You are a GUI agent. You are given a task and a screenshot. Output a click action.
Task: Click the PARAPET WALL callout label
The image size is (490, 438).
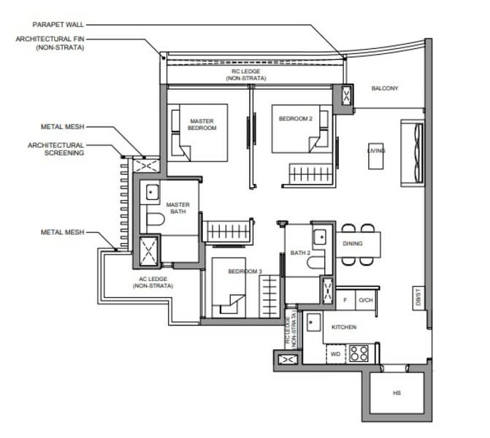tap(58, 25)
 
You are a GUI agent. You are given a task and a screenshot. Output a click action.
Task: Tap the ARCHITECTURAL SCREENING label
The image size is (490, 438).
tap(56, 149)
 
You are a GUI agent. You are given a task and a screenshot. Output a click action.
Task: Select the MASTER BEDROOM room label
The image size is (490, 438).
tap(202, 124)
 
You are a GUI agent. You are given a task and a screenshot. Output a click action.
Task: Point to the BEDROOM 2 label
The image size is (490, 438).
tap(295, 119)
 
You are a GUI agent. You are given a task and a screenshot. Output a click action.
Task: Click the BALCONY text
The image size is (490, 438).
tap(385, 88)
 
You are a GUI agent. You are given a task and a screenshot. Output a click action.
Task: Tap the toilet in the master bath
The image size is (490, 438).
tap(155, 219)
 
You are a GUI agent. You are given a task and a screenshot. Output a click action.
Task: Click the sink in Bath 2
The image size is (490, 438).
tap(320, 237)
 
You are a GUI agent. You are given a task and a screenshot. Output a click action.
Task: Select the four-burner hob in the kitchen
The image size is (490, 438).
tap(359, 353)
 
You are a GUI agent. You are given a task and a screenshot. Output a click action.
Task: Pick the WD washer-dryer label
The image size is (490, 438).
tap(335, 354)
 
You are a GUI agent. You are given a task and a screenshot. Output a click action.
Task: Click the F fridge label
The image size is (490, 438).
tap(345, 300)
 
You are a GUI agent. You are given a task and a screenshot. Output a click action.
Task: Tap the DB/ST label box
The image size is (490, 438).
tap(418, 298)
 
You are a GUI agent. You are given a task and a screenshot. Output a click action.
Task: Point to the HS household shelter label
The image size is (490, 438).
tap(397, 393)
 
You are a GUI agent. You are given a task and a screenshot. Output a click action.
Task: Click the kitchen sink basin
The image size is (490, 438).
tap(313, 322)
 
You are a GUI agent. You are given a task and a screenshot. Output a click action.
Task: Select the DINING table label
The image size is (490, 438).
tap(353, 243)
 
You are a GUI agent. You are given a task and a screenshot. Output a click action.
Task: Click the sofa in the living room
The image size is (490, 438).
tap(413, 153)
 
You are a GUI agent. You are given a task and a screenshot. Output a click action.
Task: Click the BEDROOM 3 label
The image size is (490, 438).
tap(245, 272)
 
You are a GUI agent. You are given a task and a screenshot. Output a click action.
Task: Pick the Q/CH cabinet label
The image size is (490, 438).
tap(366, 300)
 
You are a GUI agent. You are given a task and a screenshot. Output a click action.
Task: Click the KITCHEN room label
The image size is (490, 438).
tap(344, 327)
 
